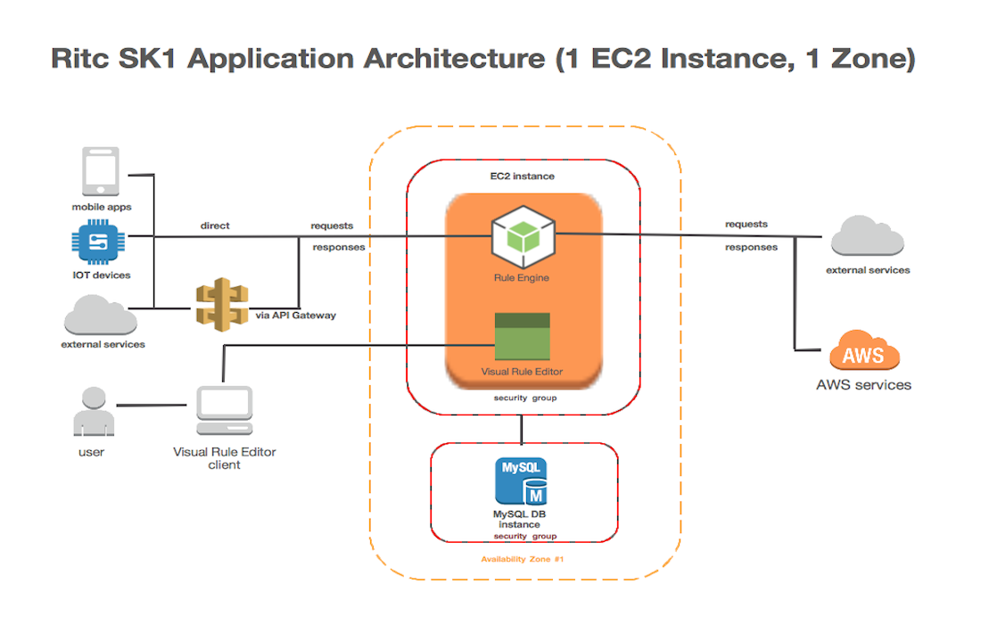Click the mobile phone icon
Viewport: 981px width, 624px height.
click(x=101, y=172)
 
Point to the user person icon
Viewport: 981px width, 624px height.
click(x=92, y=412)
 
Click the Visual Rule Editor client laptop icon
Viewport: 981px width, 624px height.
click(x=224, y=411)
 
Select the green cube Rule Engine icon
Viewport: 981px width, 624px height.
click(x=522, y=238)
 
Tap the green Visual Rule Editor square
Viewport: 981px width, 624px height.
click(x=522, y=336)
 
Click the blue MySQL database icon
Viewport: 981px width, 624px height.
click(x=523, y=481)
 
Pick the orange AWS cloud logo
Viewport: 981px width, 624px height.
click(x=863, y=352)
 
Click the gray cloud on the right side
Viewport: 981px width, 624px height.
click(x=867, y=236)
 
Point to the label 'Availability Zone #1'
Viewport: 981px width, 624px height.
click(x=523, y=559)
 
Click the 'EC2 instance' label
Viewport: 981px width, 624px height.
click(x=523, y=177)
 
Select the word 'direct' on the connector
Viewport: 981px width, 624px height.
click(x=215, y=226)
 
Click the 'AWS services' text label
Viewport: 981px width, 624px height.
click(x=863, y=385)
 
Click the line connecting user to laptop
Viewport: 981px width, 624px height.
click(x=155, y=406)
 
